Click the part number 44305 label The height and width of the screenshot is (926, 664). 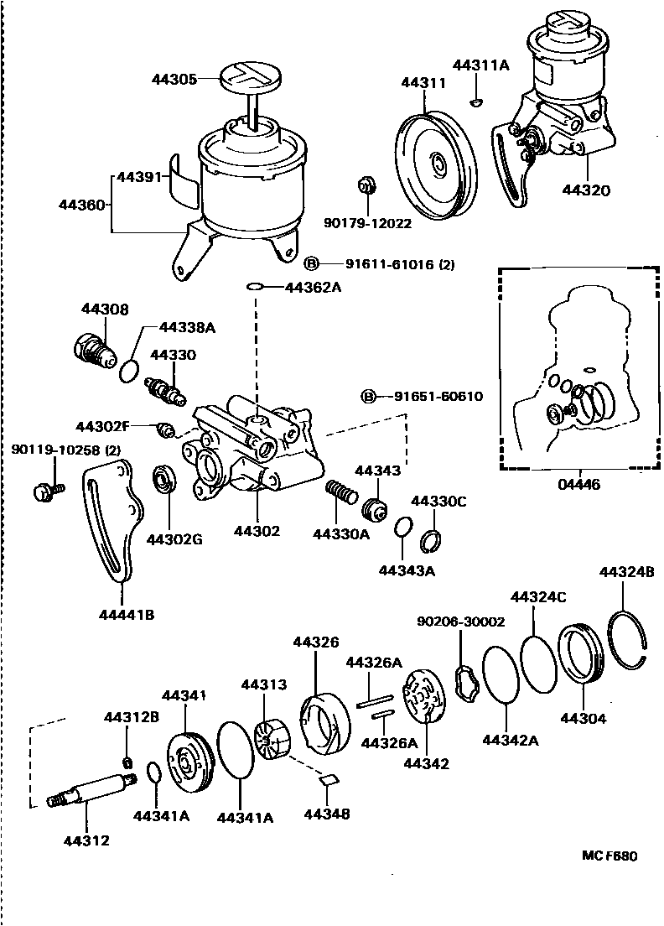(x=174, y=80)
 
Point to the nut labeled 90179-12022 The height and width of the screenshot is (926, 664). (x=366, y=185)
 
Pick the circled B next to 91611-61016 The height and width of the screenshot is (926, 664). (x=311, y=263)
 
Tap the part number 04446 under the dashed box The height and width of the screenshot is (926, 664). (x=579, y=484)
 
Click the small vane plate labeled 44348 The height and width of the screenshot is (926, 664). (x=329, y=779)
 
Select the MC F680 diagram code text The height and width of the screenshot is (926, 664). (x=610, y=857)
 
